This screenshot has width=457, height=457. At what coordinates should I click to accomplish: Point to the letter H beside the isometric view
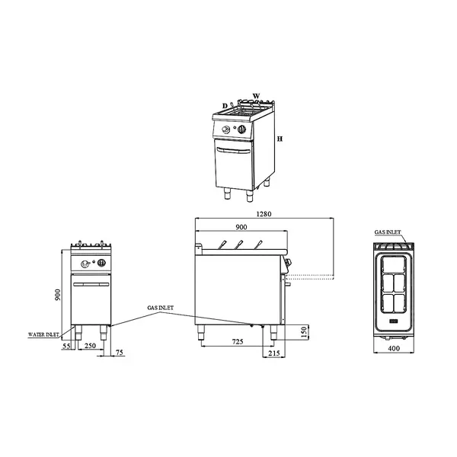tap(280, 140)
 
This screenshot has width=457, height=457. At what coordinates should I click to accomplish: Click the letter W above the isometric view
tap(257, 96)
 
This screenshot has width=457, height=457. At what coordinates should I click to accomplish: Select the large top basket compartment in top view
tap(395, 265)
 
